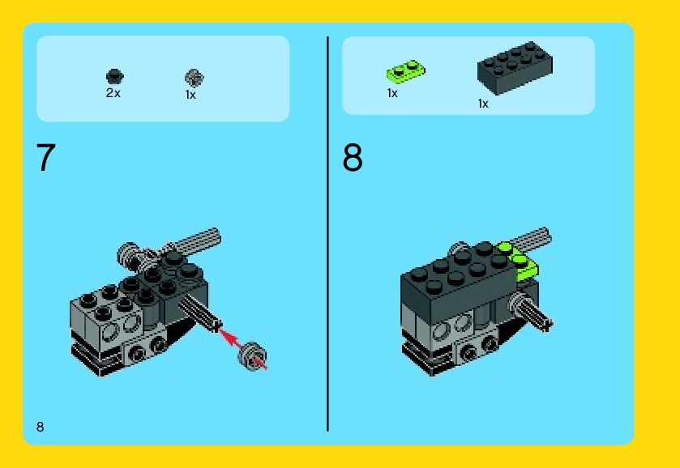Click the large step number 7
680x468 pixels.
[46, 158]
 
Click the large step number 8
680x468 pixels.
[352, 158]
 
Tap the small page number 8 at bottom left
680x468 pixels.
[41, 427]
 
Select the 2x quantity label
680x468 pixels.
[113, 93]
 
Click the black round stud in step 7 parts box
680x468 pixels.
[115, 76]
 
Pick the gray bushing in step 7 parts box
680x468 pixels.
[195, 78]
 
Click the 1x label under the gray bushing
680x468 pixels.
[190, 95]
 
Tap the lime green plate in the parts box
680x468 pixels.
[406, 70]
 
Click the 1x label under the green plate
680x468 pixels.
[392, 93]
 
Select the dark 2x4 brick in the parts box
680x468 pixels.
[515, 67]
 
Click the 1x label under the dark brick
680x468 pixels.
[483, 104]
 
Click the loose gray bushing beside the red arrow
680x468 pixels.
[252, 356]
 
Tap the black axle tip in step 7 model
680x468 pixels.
[216, 325]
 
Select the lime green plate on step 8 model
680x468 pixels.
[519, 259]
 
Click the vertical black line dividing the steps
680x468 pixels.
[328, 234]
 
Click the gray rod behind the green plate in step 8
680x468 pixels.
[531, 237]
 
